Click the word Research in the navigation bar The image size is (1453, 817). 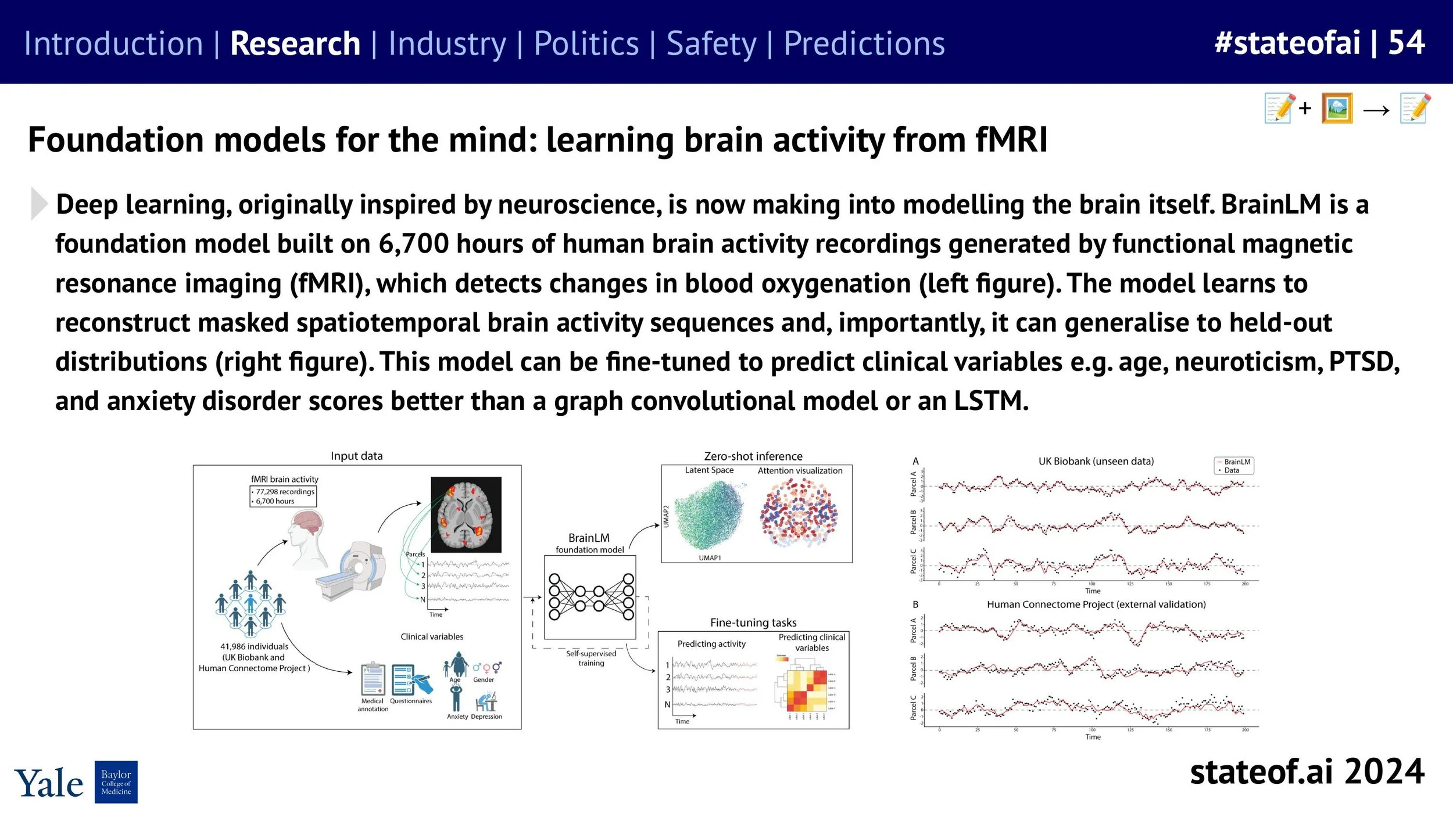tap(295, 44)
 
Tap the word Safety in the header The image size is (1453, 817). tap(711, 44)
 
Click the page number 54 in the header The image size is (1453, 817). tap(1407, 42)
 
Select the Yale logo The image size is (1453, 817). tap(49, 784)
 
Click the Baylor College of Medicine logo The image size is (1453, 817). tap(116, 782)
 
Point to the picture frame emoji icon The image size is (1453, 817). tap(1337, 108)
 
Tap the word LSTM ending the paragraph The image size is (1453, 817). tap(990, 401)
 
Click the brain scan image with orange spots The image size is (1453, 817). tap(466, 514)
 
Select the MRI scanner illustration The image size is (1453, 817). tap(352, 572)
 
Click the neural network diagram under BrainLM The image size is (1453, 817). tap(590, 597)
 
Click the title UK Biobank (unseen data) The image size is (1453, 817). tap(1096, 461)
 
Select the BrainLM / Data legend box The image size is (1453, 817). tap(1233, 466)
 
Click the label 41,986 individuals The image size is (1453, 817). tap(254, 646)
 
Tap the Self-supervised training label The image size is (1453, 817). tap(590, 658)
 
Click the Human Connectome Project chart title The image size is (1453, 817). tap(1096, 604)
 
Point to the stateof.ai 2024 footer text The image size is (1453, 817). tap(1307, 772)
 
